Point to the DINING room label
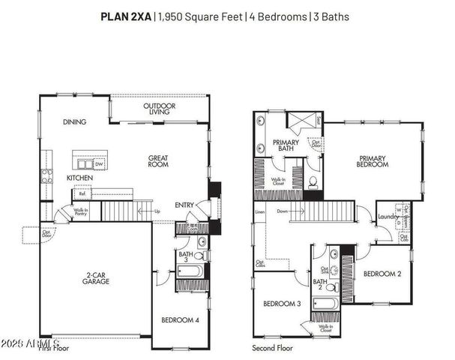(74, 121)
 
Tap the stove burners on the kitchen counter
(46, 176)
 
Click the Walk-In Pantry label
(82, 212)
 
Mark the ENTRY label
(184, 204)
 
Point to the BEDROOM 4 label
(181, 320)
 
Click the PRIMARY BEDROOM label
(373, 160)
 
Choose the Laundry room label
(388, 217)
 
